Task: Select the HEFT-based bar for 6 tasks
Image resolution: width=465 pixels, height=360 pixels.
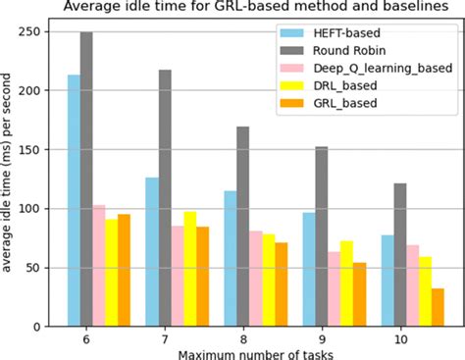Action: tap(74, 200)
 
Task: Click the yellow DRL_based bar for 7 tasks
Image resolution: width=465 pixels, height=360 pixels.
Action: tap(189, 269)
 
